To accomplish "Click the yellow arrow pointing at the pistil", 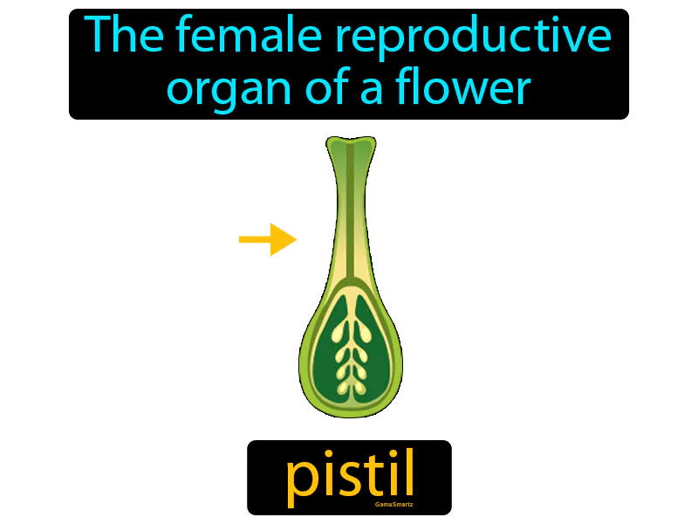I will [267, 238].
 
